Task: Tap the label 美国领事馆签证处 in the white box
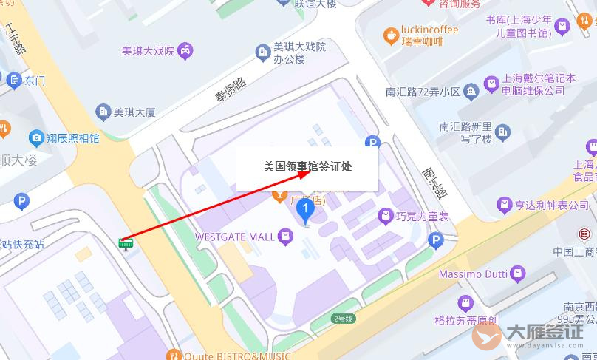pyautogui.click(x=307, y=166)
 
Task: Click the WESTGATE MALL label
pyautogui.click(x=233, y=237)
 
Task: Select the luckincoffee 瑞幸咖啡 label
pyautogui.click(x=429, y=35)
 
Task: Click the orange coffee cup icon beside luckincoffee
pyautogui.click(x=391, y=35)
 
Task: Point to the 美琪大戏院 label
pyautogui.click(x=148, y=51)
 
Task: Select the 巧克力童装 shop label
pyautogui.click(x=423, y=217)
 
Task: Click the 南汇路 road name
pyautogui.click(x=434, y=182)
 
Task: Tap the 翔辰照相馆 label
pyautogui.click(x=72, y=137)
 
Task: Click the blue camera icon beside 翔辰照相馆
pyautogui.click(x=35, y=137)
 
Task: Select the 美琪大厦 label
pyautogui.click(x=134, y=112)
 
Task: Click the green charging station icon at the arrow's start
pyautogui.click(x=126, y=243)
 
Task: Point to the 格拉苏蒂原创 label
pyautogui.click(x=466, y=321)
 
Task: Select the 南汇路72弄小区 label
pyautogui.click(x=423, y=92)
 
